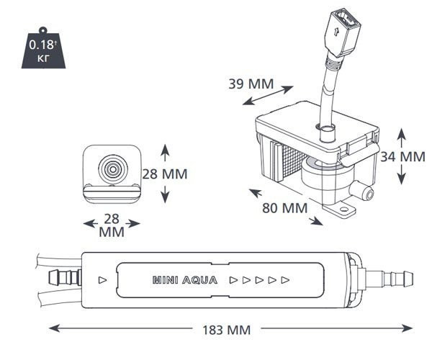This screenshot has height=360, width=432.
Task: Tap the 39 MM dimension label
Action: coord(250,84)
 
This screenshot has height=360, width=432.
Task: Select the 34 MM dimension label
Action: coord(402,156)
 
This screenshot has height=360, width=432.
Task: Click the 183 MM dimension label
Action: coord(226,330)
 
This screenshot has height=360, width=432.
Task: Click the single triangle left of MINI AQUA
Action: coord(102,278)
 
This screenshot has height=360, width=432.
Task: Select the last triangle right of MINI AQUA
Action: coord(286,278)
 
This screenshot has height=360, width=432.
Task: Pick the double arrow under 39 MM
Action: coord(269,97)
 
